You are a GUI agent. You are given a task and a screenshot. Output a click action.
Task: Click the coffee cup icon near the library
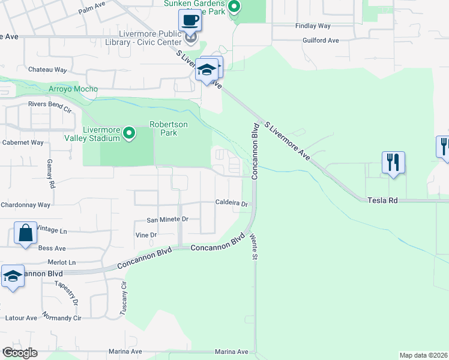(x=190, y=20)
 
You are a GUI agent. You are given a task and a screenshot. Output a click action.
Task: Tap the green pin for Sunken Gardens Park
(x=235, y=7)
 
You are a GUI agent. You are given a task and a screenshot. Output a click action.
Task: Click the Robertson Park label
(x=169, y=128)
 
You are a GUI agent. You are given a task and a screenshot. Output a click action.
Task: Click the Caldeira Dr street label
(x=232, y=203)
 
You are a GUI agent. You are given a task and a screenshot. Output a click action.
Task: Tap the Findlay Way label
(x=313, y=26)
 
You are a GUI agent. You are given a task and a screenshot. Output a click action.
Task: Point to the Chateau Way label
(x=47, y=70)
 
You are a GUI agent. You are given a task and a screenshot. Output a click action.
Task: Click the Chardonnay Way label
(x=25, y=205)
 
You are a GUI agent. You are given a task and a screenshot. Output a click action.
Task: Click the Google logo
(x=20, y=353)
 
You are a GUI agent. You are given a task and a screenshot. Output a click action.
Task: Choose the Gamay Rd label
(x=52, y=176)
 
